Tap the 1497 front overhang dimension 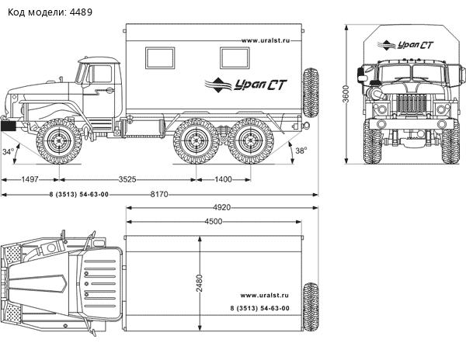point(30,179)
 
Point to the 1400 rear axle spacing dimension point(223,179)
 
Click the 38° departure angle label point(300,150)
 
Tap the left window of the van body point(161,56)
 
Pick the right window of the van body point(236,56)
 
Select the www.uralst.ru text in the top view point(264,295)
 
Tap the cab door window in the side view point(100,74)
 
